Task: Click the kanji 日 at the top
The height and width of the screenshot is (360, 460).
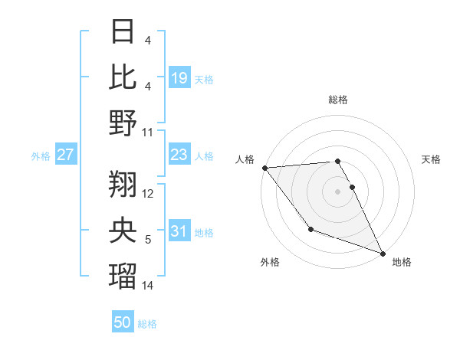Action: coord(123,32)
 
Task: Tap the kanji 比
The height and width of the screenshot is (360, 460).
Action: coord(123,77)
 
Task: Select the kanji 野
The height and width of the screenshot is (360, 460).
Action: coord(123,123)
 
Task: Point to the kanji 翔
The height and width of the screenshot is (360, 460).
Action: coord(123,184)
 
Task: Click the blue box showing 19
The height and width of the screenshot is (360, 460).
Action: coord(179,77)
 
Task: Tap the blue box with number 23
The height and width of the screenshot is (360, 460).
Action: coord(179,155)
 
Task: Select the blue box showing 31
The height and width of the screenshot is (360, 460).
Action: coord(179,231)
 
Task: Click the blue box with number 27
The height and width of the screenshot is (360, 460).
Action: coord(66,155)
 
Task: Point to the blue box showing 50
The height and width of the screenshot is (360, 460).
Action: coord(123,322)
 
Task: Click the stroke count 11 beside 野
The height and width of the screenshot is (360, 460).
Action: coord(148,133)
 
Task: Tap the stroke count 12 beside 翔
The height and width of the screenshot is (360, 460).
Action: coord(148,194)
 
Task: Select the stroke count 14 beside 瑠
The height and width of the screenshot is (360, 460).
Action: coord(148,286)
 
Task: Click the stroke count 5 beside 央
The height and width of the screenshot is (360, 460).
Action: coord(148,240)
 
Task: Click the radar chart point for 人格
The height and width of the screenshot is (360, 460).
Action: coord(264,168)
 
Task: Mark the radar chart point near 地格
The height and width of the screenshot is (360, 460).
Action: coord(383,253)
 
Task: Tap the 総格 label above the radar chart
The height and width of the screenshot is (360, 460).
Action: coord(338,100)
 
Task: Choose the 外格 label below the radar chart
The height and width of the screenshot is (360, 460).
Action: coord(270,263)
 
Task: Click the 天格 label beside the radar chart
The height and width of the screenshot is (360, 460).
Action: coord(432,159)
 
